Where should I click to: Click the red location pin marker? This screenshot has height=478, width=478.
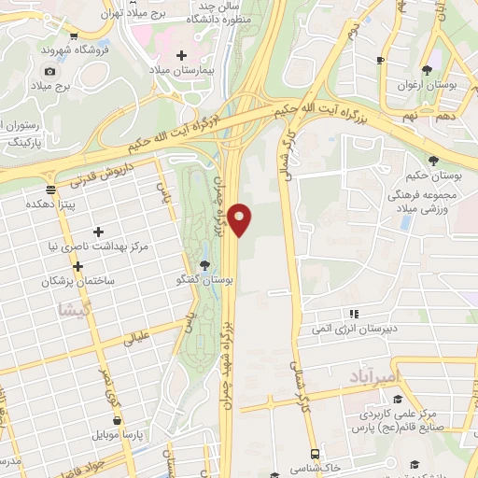click(240, 218)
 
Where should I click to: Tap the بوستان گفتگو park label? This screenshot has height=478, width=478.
click(204, 279)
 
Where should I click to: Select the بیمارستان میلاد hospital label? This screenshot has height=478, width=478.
click(184, 71)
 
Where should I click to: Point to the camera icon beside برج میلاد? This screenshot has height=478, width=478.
click(49, 71)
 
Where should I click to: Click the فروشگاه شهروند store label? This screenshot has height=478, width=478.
click(75, 48)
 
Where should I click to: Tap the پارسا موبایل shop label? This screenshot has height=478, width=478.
click(116, 435)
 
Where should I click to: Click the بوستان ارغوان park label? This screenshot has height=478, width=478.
click(427, 85)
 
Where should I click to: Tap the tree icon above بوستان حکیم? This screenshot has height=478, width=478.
click(432, 162)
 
